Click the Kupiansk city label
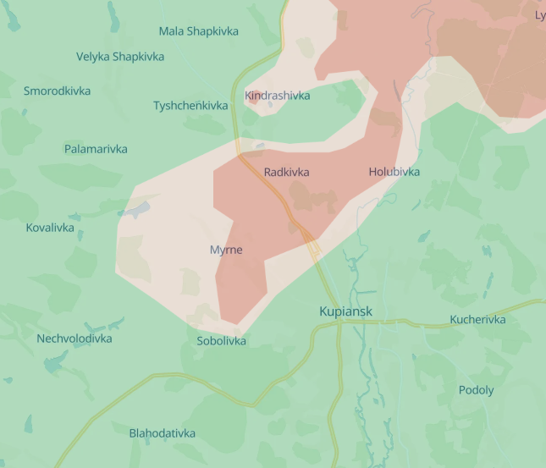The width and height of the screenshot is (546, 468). (345, 311)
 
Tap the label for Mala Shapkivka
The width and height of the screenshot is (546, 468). (198, 31)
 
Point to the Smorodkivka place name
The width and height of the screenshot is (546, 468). (57, 91)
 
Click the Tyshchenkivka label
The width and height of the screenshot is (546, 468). (190, 106)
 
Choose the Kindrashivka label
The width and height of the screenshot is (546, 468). (277, 96)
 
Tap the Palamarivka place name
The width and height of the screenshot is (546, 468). (96, 149)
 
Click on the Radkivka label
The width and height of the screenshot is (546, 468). (286, 172)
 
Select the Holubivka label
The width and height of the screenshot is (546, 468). (394, 172)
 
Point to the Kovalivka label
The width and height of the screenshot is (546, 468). (50, 228)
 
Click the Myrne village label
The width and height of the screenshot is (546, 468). (226, 250)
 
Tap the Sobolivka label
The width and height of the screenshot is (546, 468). (221, 341)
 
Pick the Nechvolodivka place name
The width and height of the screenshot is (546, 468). (74, 339)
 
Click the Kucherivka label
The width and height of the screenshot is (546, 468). (477, 319)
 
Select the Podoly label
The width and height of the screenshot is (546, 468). (476, 390)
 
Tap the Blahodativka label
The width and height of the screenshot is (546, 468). (162, 433)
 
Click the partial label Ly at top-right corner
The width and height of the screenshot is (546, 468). (539, 15)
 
